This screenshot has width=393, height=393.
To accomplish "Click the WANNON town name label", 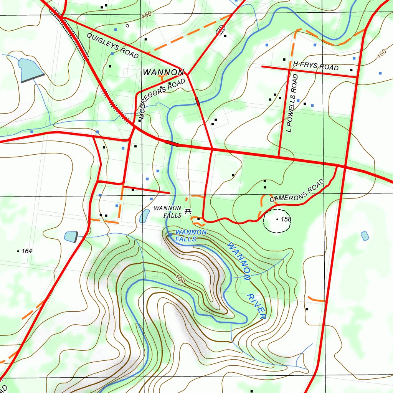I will coord(163,72).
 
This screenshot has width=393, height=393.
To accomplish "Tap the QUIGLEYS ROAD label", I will coord(112,46).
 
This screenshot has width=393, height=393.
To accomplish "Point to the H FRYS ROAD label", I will coord(315,66).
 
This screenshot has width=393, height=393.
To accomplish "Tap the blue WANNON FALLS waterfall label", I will coord(191,236).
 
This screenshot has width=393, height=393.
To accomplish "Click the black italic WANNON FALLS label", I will coord(167,212).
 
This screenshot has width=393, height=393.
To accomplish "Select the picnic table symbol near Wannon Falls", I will coord(188,211).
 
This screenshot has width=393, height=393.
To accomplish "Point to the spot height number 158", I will coord(286,219).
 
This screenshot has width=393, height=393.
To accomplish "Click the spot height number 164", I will coord(26,251).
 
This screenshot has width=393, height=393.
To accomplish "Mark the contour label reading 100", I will coord(179,280).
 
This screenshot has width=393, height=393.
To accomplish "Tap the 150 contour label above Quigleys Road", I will coord(146,16).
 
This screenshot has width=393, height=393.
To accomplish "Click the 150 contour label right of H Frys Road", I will coord(381,54).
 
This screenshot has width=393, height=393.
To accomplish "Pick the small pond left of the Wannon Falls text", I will coord(145,216).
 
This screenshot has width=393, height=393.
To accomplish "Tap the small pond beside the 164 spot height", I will coord(71,237).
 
